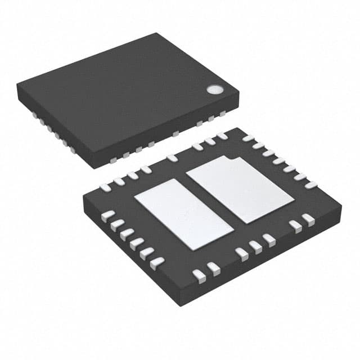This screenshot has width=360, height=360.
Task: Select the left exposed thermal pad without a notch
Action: point(183,214)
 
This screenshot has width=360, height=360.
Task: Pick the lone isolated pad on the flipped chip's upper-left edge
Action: point(172,159)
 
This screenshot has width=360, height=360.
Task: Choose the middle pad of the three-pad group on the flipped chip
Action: point(255,246)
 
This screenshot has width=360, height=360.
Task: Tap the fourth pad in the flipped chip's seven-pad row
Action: point(279,161)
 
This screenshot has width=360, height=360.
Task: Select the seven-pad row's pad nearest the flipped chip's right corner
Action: point(311,185)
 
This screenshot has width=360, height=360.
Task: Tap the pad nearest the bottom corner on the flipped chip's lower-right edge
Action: point(199,274)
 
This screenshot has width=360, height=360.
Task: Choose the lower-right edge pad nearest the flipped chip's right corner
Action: point(308,220)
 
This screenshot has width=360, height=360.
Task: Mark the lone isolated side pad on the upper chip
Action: point(176,134)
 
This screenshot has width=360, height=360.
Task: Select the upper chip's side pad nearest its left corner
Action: point(35,115)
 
